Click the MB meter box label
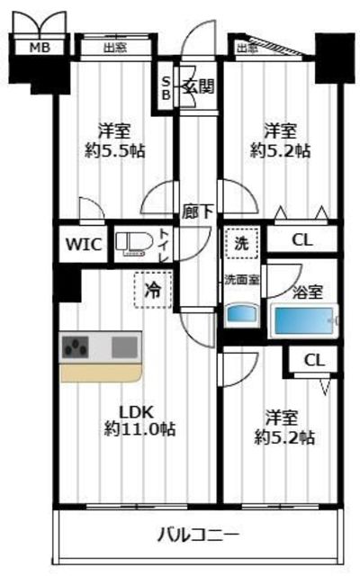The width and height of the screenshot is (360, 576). pos(40,48)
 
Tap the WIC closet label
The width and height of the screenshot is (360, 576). pos(84,244)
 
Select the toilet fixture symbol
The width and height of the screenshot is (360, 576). pos(132,243)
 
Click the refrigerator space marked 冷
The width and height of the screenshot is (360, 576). pos(153,290)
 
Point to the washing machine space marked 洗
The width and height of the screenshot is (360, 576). pos(242,243)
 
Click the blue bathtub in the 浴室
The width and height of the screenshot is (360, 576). pos(304,320)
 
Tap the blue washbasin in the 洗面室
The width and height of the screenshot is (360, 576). pos(242,315)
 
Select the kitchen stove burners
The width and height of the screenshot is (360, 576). pos(76,346)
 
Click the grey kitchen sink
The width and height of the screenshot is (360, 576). pos(124,347)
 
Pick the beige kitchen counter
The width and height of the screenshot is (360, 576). pos(101,373)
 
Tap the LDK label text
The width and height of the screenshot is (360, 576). pos(137,412)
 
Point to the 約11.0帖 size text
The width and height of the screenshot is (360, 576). pos(139,428)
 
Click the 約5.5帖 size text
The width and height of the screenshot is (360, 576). pos(114,150)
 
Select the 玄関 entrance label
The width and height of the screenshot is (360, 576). pos(199,86)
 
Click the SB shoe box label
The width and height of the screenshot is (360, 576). pos(166,88)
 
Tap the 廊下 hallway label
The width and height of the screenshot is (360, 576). pos(198,212)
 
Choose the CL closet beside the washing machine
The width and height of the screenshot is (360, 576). pos(302,240)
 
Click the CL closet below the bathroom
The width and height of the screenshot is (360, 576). pos(314,360)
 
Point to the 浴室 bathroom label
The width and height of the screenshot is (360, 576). pos(308,292)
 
